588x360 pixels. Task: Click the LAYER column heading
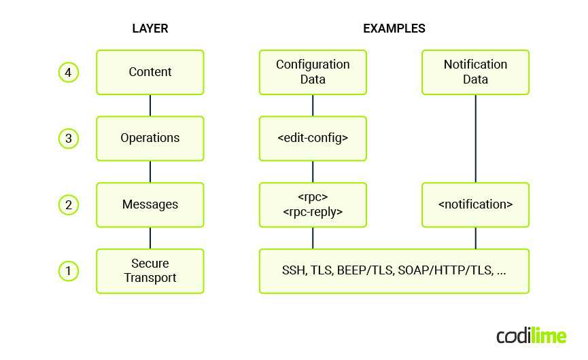150,29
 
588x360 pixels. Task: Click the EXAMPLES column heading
394,29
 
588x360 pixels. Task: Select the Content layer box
150,72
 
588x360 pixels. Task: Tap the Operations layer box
150,138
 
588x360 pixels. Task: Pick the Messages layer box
150,204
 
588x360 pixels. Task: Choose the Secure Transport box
150,270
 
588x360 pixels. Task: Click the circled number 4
68,72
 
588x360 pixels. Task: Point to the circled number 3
68,138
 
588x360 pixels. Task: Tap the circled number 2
68,204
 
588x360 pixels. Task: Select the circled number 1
68,271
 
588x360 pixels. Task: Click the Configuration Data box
313,72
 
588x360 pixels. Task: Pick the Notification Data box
475,72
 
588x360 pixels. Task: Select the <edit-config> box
313,138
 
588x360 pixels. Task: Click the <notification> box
475,204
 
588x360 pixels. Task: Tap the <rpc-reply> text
313,212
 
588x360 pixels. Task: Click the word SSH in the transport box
294,270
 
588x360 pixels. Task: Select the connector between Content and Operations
150,105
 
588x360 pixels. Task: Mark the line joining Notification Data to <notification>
475,139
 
